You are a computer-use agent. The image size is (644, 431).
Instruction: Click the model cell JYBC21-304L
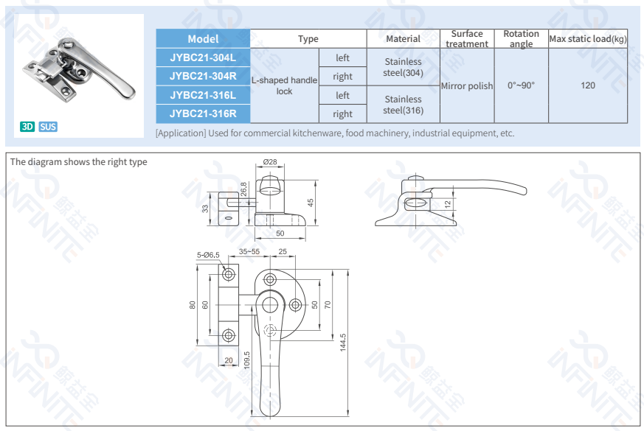pyautogui.click(x=203, y=57)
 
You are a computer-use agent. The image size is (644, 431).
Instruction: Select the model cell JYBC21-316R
pyautogui.click(x=203, y=113)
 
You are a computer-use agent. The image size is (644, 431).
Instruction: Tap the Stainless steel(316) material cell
pyautogui.click(x=403, y=105)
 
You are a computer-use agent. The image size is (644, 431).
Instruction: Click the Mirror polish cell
pyautogui.click(x=466, y=86)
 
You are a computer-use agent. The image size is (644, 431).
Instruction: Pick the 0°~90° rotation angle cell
pyautogui.click(x=521, y=85)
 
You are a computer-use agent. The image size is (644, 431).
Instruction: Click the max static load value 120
pyautogui.click(x=587, y=85)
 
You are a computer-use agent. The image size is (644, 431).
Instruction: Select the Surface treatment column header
pyautogui.click(x=466, y=39)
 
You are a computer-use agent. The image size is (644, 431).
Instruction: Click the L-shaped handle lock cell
pyautogui.click(x=284, y=85)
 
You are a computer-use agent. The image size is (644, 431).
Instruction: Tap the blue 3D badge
pyautogui.click(x=27, y=127)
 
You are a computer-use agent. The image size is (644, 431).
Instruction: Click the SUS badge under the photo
pyautogui.click(x=48, y=127)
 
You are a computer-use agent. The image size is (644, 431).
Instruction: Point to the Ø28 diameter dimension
pyautogui.click(x=269, y=161)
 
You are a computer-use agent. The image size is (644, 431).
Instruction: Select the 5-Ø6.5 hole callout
pyautogui.click(x=208, y=255)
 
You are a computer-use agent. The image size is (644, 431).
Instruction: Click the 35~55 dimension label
pyautogui.click(x=249, y=251)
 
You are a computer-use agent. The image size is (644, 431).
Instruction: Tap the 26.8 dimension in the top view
pyautogui.click(x=243, y=189)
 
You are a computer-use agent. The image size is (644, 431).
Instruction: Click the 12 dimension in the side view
pyautogui.click(x=447, y=203)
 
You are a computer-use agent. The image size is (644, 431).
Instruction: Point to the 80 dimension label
pyautogui.click(x=193, y=304)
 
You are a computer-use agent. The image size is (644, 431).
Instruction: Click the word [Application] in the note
pyautogui.click(x=180, y=133)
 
